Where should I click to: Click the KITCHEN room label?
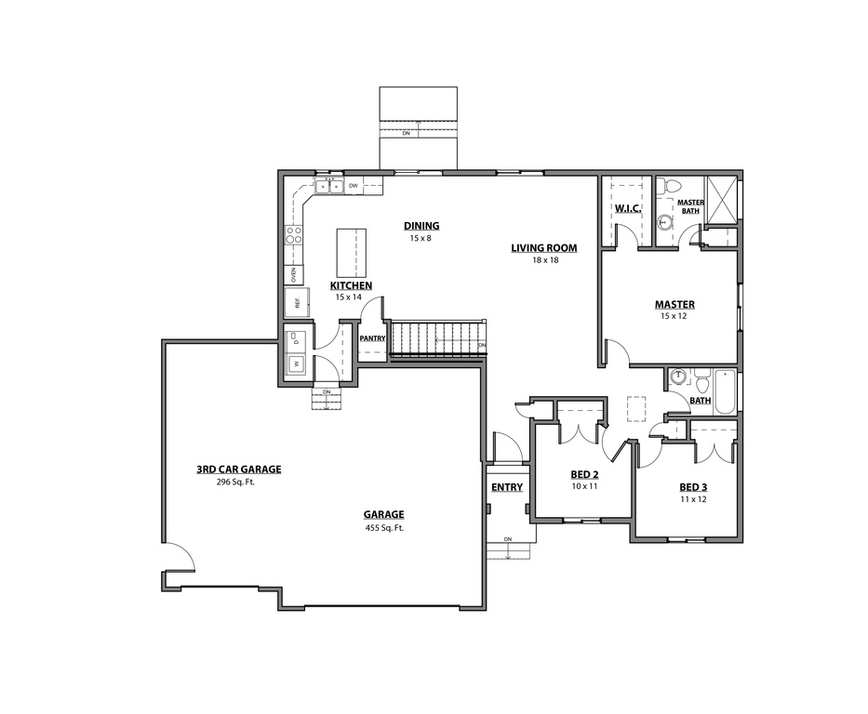[x=351, y=285]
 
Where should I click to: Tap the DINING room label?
[x=421, y=226]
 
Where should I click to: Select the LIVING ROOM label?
[x=543, y=248]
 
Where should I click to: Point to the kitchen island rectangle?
[x=350, y=249]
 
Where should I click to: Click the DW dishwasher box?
[x=354, y=186]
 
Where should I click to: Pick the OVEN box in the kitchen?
[x=293, y=274]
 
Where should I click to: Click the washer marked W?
[x=297, y=364]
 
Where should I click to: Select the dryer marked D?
[x=297, y=338]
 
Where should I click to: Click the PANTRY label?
[x=372, y=338]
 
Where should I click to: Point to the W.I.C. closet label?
[x=628, y=208]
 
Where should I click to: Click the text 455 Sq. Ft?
[x=384, y=528]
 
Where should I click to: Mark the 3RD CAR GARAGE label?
[x=238, y=469]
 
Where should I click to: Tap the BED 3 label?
[x=693, y=487]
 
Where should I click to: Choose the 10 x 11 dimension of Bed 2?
[x=583, y=486]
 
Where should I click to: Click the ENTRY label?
[x=507, y=487]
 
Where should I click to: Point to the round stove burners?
[x=294, y=234]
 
